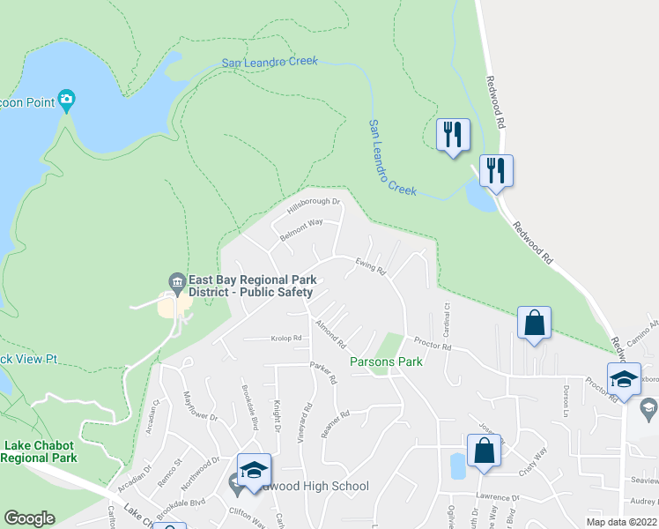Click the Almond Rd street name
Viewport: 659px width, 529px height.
point(331,332)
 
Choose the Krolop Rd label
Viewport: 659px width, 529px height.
point(286,338)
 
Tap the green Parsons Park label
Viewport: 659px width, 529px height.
point(386,361)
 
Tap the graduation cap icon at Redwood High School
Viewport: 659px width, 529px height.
point(253,469)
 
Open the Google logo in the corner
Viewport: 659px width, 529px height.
point(29,518)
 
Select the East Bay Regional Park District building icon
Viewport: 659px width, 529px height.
point(176,281)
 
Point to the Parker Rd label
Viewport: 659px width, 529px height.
point(323,373)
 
